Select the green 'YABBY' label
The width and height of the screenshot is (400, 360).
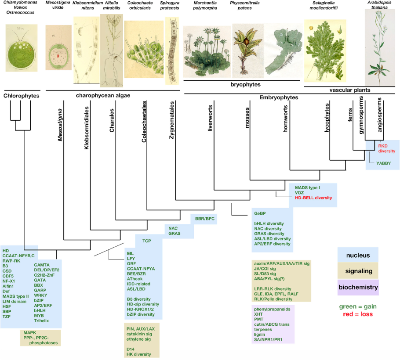point(383,163)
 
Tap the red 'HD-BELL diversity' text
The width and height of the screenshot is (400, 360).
point(313,198)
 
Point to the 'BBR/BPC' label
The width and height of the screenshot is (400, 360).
point(205,218)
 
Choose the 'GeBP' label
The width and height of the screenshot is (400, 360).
point(260,213)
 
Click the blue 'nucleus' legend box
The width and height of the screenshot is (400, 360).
point(357,255)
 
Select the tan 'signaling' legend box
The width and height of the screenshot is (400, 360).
point(357,271)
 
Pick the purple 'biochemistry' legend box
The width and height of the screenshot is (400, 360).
point(357,288)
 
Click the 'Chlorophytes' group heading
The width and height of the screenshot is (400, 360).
point(22,96)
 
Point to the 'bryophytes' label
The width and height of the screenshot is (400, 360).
point(243,84)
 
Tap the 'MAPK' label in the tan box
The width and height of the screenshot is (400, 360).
point(30,332)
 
